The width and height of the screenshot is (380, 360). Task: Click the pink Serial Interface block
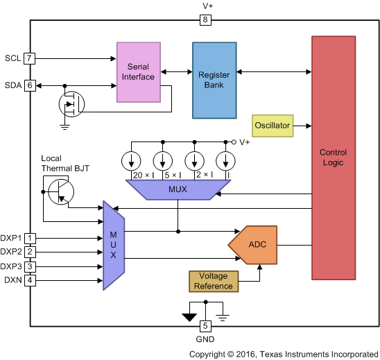tap(138, 71)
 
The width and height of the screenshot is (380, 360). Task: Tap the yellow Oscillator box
tap(272, 126)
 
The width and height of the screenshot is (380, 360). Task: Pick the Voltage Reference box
tap(213, 281)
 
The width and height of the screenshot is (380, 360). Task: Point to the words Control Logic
tap(333, 157)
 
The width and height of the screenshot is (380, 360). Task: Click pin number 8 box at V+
tap(205, 20)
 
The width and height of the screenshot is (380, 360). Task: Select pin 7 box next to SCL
tap(29, 58)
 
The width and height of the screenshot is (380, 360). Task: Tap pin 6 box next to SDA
tap(29, 85)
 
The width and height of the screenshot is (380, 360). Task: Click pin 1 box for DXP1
tap(29, 238)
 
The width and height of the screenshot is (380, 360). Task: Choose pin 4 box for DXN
tap(29, 280)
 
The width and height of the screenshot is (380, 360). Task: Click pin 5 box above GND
tap(205, 326)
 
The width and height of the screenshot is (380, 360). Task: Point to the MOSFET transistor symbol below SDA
tap(71, 105)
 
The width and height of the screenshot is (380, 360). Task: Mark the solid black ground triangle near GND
tap(189, 318)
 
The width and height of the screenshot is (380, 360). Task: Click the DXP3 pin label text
tap(12, 266)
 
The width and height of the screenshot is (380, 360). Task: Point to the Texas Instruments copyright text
tap(283, 353)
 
